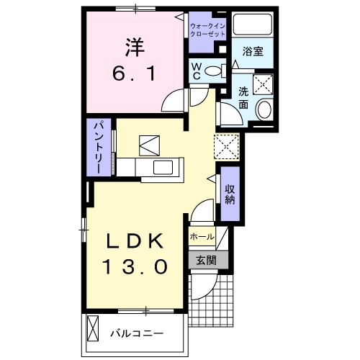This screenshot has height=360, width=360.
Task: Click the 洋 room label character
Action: click(132, 48)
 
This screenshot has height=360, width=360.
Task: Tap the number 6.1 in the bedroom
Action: click(133, 73)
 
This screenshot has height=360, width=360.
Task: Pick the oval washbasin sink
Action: click(264, 110)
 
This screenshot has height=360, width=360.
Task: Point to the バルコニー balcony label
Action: click(137, 335)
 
